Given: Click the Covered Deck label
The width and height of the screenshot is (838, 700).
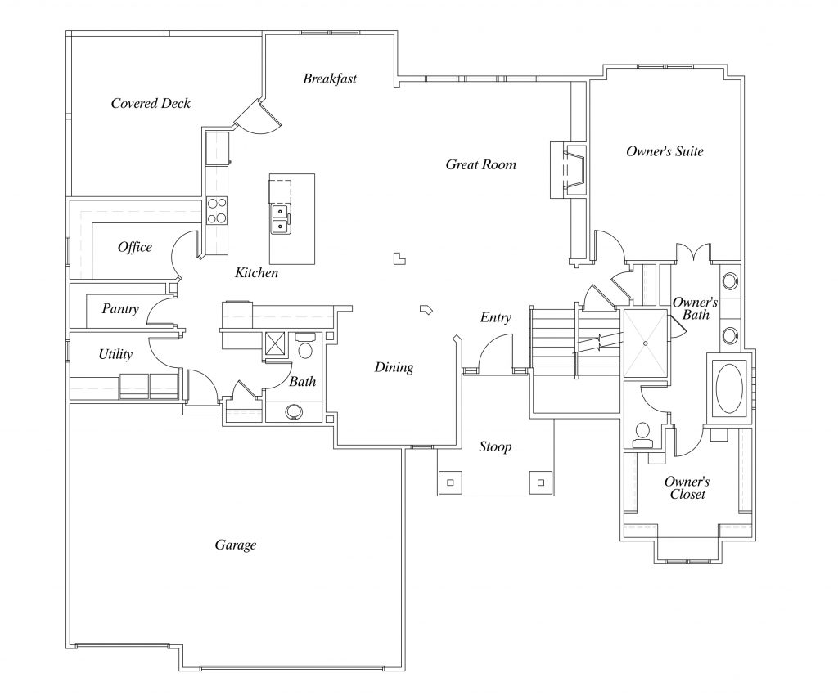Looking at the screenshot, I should (x=151, y=103).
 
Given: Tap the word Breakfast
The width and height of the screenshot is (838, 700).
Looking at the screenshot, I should (x=329, y=79).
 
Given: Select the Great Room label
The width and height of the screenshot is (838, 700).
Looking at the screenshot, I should (x=480, y=164).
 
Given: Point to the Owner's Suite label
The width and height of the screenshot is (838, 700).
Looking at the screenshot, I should (x=665, y=151).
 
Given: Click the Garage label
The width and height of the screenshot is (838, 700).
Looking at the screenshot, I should (x=235, y=545).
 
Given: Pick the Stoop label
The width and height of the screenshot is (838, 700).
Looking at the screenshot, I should (x=495, y=446).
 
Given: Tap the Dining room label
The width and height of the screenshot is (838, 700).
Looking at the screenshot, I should (x=394, y=367).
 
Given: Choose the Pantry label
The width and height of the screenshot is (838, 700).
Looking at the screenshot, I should (x=119, y=309).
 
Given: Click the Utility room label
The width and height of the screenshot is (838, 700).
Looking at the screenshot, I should (x=115, y=354).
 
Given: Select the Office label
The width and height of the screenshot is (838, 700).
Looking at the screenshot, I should (x=134, y=247).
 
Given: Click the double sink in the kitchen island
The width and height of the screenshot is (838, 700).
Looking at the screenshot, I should (x=280, y=218).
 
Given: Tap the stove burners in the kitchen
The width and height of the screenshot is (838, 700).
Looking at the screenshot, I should (x=217, y=210).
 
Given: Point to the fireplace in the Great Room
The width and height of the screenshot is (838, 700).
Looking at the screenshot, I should (x=567, y=169).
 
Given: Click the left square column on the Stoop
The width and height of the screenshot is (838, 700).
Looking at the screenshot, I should (x=451, y=482).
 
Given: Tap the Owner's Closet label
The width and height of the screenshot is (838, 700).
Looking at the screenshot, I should (x=686, y=488).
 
